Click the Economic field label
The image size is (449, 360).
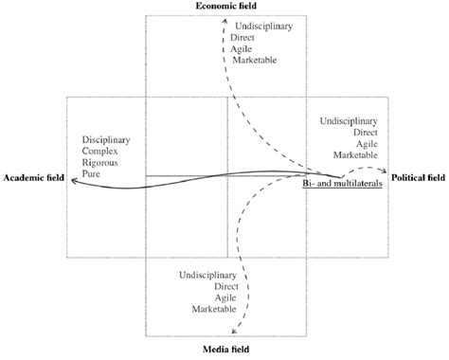point(226,6)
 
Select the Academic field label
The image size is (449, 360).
point(34,178)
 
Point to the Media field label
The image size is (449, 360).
point(225,351)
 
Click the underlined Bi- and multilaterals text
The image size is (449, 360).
point(341,185)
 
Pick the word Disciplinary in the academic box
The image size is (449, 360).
point(105,141)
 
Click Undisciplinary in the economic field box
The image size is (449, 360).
point(267,27)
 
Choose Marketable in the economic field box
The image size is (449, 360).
point(260,60)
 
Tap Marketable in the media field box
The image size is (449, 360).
point(211,308)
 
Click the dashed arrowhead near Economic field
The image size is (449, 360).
point(224,17)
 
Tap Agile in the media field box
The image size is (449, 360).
point(224,297)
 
